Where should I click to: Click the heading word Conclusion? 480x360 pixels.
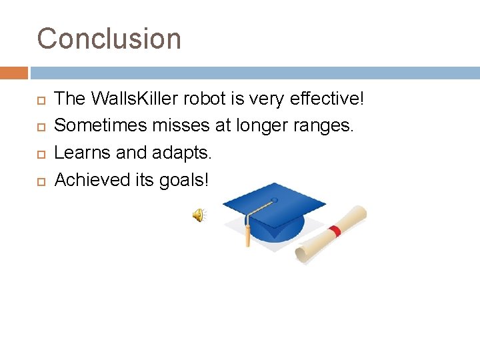pyautogui.click(x=109, y=38)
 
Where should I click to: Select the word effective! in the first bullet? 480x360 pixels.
pyautogui.click(x=327, y=98)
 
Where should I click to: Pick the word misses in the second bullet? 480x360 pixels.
pyautogui.click(x=181, y=125)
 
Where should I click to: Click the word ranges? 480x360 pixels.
pyautogui.click(x=323, y=126)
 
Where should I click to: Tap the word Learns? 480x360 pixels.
pyautogui.click(x=82, y=152)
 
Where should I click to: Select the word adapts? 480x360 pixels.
pyautogui.click(x=181, y=153)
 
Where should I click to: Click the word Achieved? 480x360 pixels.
pyautogui.click(x=92, y=179)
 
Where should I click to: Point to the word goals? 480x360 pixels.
pyautogui.click(x=184, y=180)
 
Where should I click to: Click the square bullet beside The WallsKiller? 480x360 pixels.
pyautogui.click(x=41, y=101)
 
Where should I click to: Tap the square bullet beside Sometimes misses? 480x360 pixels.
pyautogui.click(x=41, y=127)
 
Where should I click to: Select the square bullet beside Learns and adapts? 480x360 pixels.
pyautogui.click(x=41, y=154)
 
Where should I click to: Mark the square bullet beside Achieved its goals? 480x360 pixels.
pyautogui.click(x=41, y=182)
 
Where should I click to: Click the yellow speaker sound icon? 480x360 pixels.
pyautogui.click(x=199, y=215)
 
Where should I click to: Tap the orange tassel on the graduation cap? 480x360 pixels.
pyautogui.click(x=247, y=235)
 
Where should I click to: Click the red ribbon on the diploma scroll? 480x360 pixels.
pyautogui.click(x=335, y=231)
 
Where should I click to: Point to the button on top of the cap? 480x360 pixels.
pyautogui.click(x=274, y=200)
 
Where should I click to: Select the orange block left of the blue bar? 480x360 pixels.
pyautogui.click(x=14, y=73)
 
